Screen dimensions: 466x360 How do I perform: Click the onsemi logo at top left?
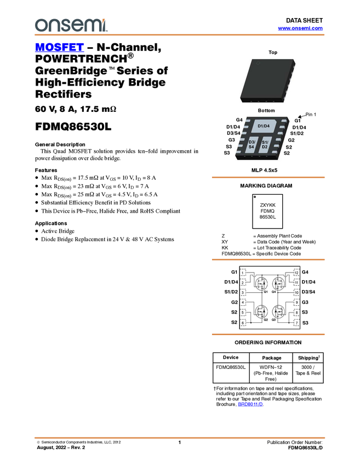[71, 25]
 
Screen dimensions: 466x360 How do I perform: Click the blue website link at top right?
[300, 29]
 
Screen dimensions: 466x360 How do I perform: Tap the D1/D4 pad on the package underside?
[264, 127]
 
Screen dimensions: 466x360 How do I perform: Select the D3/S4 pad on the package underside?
[252, 145]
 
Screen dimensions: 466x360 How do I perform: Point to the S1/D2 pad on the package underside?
[265, 145]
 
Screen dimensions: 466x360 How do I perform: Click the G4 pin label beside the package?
[239, 120]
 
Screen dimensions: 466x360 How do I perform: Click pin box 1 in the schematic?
[243, 272]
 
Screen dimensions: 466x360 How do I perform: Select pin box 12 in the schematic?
[296, 272]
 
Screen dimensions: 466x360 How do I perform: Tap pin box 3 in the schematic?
[243, 293]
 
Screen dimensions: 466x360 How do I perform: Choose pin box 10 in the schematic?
[296, 293]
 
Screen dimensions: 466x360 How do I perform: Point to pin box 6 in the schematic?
[243, 323]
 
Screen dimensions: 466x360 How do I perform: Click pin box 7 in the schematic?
[296, 323]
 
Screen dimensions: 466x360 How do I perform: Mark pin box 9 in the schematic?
[296, 303]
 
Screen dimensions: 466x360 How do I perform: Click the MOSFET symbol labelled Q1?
[261, 283]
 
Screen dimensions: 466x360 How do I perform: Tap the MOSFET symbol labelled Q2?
[261, 312]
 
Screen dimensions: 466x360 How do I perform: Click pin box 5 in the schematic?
[243, 313]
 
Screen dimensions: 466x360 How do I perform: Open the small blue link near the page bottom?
[250, 404]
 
